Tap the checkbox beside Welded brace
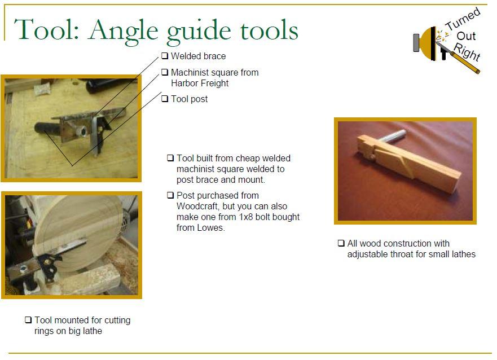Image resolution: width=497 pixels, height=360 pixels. (165, 56)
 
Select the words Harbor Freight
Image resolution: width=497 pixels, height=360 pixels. (200, 83)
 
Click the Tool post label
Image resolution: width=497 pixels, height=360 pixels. (189, 99)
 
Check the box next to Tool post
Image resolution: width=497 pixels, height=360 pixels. (165, 99)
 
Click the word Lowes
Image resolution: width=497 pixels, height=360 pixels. (211, 227)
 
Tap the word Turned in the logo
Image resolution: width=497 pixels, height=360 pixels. (463, 19)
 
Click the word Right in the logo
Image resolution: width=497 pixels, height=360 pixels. (467, 52)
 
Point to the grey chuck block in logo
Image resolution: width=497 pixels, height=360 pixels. (416, 42)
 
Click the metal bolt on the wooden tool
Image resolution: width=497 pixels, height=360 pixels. (392, 135)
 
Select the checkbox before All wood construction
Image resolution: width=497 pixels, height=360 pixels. (341, 243)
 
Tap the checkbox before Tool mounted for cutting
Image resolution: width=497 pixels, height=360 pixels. (28, 320)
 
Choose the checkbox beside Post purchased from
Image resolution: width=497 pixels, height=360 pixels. (170, 195)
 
